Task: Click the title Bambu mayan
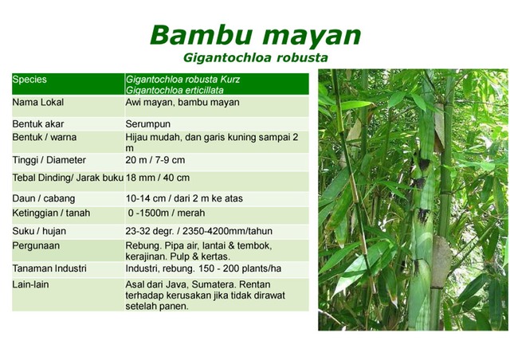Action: click(x=255, y=35)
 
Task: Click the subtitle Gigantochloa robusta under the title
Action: click(x=255, y=58)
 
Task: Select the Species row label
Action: click(x=30, y=80)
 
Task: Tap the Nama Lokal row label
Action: click(x=38, y=103)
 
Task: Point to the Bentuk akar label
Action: click(x=38, y=124)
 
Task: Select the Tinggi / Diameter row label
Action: click(x=49, y=160)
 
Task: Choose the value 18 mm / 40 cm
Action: click(x=158, y=177)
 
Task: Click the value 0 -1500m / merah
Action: click(x=166, y=213)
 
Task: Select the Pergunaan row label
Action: click(x=36, y=246)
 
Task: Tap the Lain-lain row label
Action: click(x=32, y=284)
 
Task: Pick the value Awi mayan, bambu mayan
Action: click(x=171, y=103)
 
